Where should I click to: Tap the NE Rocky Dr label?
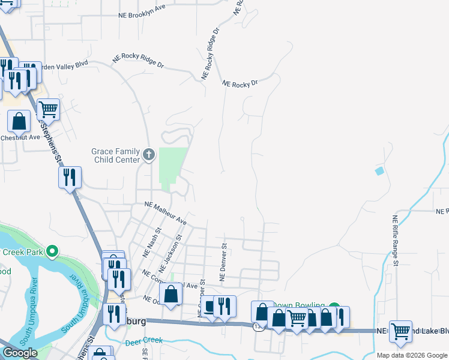240,84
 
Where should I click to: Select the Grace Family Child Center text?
115,156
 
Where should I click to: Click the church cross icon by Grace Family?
149,156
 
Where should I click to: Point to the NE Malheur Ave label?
166,214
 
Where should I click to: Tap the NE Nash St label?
152,242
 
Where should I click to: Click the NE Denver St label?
223,262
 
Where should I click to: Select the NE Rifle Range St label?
395,240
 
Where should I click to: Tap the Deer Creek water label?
144,343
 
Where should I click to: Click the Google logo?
20,353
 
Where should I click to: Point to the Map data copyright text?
412,355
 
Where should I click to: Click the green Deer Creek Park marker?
52,251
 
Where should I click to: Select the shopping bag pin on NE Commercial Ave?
171,295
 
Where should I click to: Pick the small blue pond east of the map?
379,171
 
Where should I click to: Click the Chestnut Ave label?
19,137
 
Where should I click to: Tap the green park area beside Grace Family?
172,165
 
